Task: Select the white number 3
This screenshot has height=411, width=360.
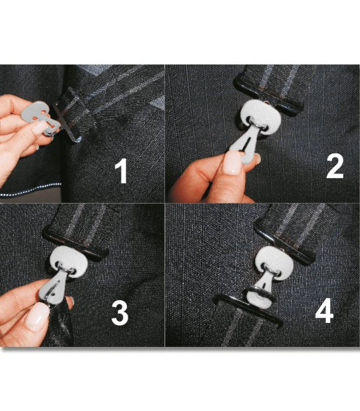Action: pyautogui.click(x=120, y=313)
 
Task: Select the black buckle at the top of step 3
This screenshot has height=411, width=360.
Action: pyautogui.click(x=76, y=244)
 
